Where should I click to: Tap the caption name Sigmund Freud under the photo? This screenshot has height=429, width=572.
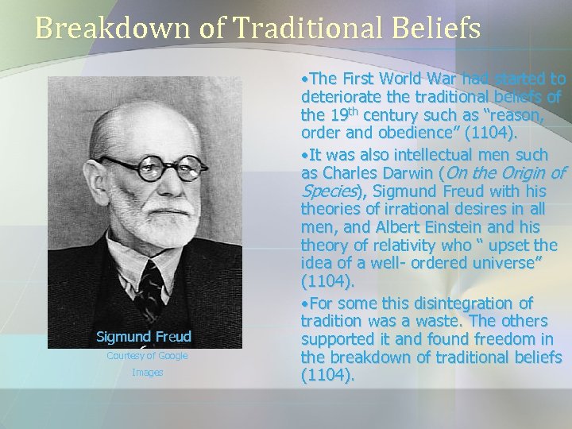(144, 336)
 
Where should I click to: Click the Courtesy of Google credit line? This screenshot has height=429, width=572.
(147, 356)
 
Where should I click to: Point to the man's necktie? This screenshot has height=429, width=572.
(149, 286)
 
